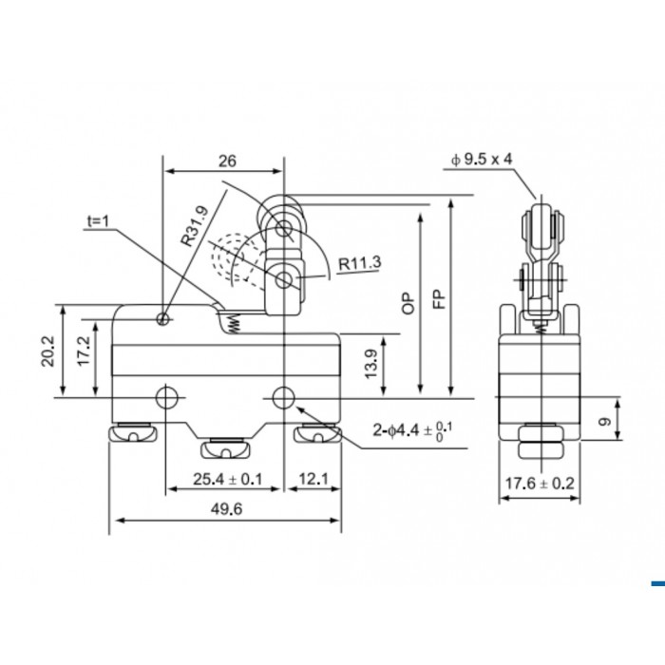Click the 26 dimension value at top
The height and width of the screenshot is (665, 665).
[x=227, y=161]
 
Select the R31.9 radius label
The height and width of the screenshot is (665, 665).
[x=195, y=226]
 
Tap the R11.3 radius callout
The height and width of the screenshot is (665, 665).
[x=360, y=263]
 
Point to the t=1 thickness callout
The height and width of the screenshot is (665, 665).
[x=98, y=221]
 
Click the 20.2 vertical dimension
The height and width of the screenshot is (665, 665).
[x=47, y=351]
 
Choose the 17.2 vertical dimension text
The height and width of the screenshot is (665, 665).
[x=84, y=351]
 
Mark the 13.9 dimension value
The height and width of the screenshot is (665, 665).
[x=370, y=364]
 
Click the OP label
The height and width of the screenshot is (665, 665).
[x=408, y=303]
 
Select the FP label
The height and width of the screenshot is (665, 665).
[x=439, y=299]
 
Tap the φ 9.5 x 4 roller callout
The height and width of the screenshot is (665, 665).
[x=482, y=160]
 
